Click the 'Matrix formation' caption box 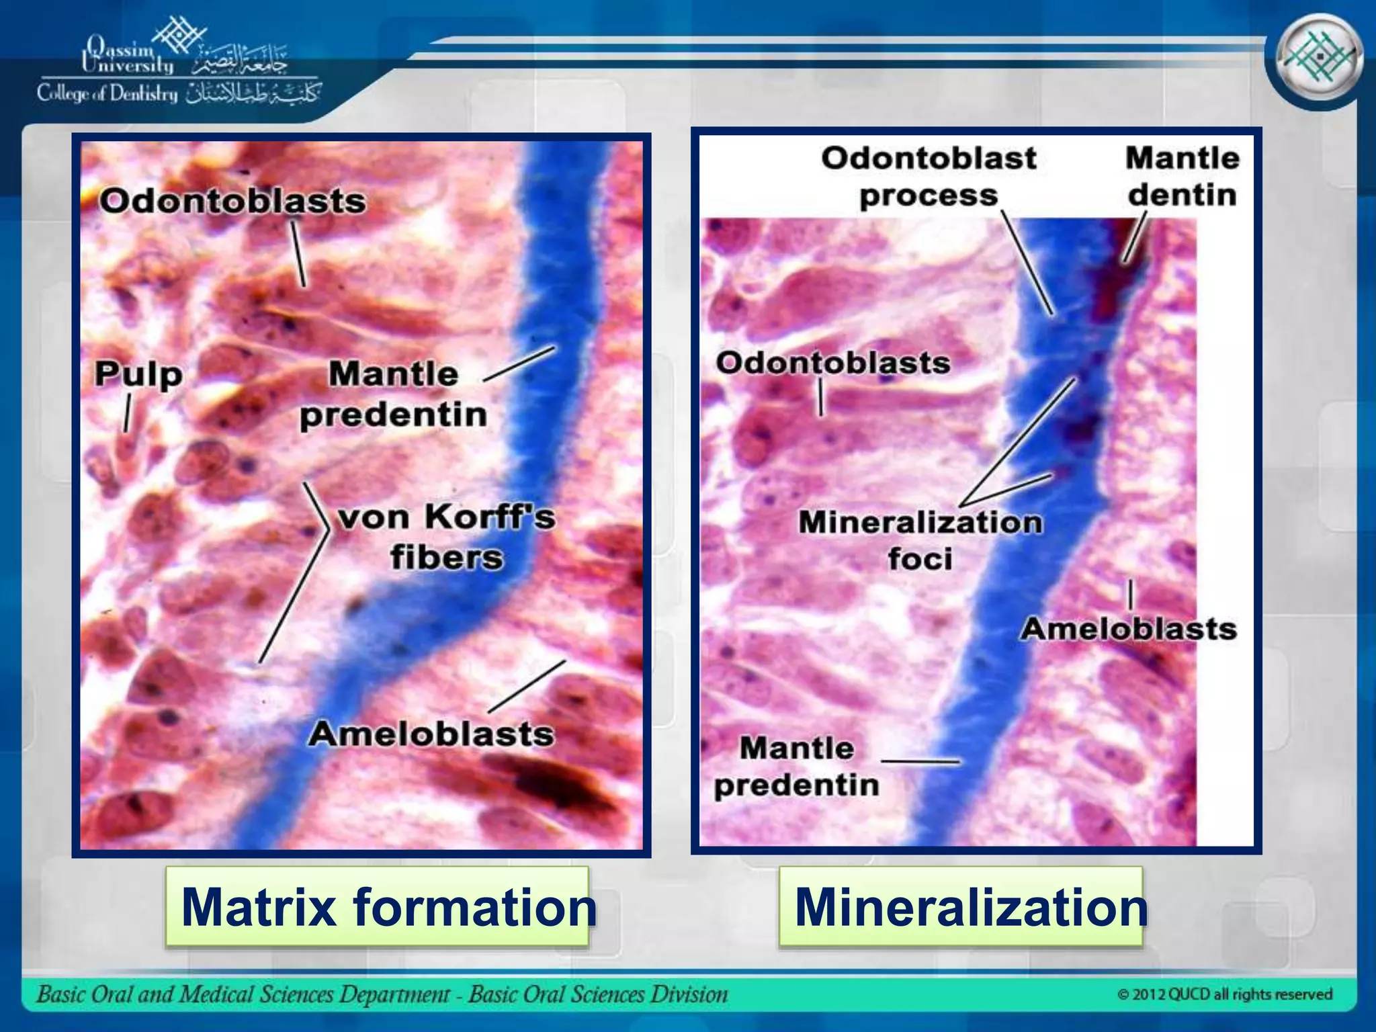pyautogui.click(x=377, y=907)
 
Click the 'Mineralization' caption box pyautogui.click(x=961, y=907)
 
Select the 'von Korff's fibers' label pyautogui.click(x=447, y=537)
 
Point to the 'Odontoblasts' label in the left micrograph pyautogui.click(x=232, y=201)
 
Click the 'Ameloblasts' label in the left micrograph pyautogui.click(x=431, y=734)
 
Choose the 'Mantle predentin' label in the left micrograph pyautogui.click(x=394, y=394)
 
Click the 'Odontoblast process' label pyautogui.click(x=929, y=177)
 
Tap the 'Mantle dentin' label pyautogui.click(x=1182, y=177)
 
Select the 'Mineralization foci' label pyautogui.click(x=920, y=540)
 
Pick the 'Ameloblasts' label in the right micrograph pyautogui.click(x=1129, y=630)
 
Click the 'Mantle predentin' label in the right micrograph pyautogui.click(x=797, y=767)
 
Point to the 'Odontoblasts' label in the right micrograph pyautogui.click(x=833, y=363)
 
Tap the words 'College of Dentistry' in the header pyautogui.click(x=107, y=93)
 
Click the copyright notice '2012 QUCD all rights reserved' pyautogui.click(x=1225, y=994)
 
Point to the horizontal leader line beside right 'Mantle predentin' pyautogui.click(x=920, y=761)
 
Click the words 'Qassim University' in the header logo pyautogui.click(x=128, y=56)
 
